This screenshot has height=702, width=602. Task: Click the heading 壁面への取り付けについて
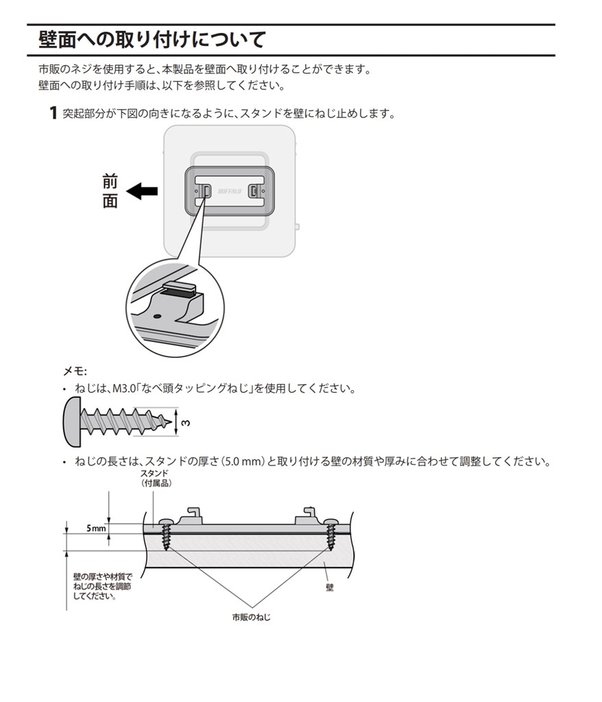tap(152, 40)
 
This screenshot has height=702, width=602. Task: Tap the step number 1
tap(52, 113)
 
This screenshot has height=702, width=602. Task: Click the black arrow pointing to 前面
tap(143, 191)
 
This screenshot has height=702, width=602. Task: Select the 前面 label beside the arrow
tap(110, 191)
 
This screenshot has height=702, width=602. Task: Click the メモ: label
tap(75, 371)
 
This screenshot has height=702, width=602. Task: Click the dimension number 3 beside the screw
tap(187, 422)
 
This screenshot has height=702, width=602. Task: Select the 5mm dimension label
tap(97, 529)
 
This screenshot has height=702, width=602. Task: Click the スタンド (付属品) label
tap(155, 479)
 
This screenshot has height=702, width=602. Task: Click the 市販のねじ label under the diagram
tap(252, 618)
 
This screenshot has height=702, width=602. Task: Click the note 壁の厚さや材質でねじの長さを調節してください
tap(102, 587)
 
